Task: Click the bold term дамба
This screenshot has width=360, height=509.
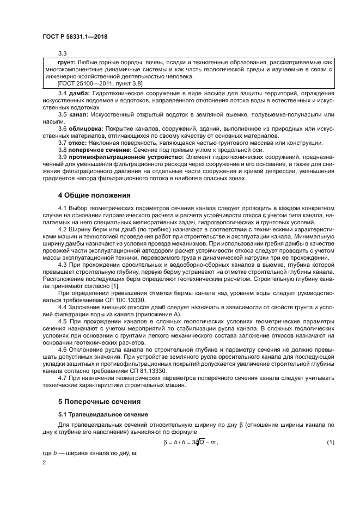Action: click(78, 94)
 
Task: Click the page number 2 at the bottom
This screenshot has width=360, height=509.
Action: click(45, 463)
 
